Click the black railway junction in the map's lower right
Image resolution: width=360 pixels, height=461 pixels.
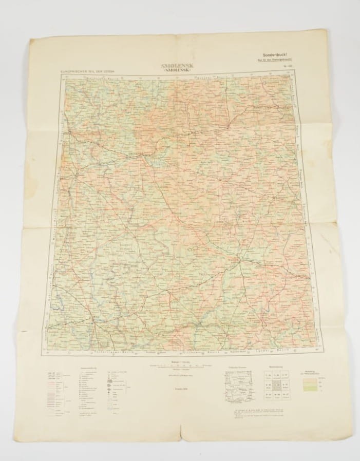coord(240,261)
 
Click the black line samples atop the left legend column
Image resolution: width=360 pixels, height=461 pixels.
coord(51,373)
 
